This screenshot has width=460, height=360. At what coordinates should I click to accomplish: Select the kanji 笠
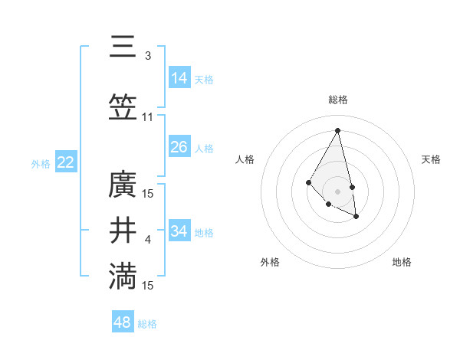point(123,108)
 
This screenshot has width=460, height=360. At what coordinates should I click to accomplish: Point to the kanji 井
point(123,231)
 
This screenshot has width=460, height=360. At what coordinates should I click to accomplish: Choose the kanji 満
point(123,277)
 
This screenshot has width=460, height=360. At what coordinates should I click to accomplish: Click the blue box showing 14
point(179,77)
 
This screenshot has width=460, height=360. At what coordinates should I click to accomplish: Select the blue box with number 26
point(179,146)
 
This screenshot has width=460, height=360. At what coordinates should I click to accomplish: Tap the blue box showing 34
point(179,231)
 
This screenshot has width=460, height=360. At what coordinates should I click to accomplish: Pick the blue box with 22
point(66,162)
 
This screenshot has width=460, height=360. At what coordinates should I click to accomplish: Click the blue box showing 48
point(123,322)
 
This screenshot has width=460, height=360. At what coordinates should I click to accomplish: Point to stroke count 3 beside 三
point(148,56)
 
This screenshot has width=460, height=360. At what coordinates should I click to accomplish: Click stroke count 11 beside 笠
point(148,117)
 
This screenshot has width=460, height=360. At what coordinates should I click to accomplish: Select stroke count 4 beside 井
point(148,240)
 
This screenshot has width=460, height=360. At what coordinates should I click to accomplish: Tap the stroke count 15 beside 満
point(148,286)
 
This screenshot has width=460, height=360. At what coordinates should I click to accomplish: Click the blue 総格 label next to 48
point(147,324)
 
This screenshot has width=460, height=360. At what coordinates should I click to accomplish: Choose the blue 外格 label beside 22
point(41,163)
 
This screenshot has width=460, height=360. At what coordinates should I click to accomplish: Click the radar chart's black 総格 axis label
point(337,100)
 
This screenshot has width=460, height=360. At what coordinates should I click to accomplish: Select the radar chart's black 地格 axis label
point(402,262)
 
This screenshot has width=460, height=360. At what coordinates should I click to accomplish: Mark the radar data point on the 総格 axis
point(337,129)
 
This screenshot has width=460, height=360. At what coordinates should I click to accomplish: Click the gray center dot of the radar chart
point(337,191)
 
